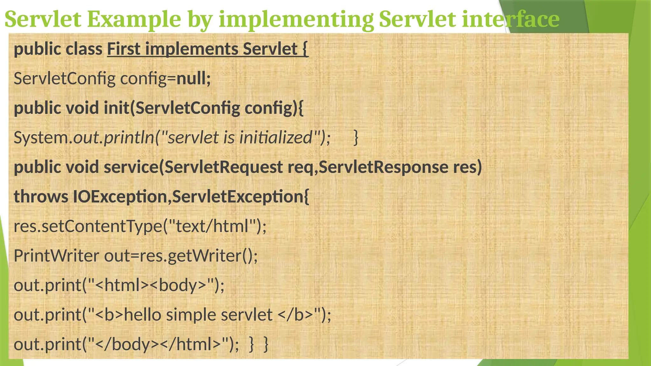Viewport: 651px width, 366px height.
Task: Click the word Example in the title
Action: (134, 19)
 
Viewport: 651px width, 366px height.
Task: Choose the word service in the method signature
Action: (131, 167)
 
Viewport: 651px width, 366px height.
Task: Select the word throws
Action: (41, 197)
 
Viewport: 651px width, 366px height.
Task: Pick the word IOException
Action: (120, 197)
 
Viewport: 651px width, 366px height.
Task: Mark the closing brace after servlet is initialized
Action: (356, 138)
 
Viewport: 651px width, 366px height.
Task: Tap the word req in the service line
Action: (300, 167)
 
